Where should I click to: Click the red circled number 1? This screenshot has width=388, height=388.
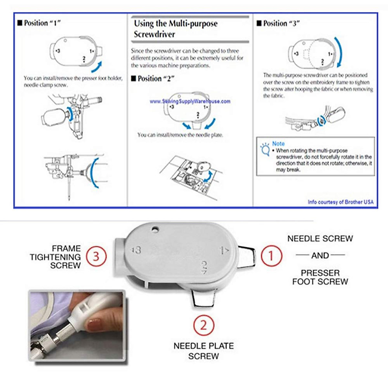click(271, 256)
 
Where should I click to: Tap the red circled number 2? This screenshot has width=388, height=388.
click(204, 325)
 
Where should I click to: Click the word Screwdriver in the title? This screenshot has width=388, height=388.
click(155, 34)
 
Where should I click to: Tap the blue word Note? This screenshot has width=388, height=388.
click(278, 143)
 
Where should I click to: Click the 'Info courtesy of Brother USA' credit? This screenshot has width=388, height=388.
click(340, 202)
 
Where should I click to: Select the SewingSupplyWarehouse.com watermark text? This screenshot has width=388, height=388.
click(190, 101)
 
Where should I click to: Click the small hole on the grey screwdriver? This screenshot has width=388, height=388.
click(156, 229)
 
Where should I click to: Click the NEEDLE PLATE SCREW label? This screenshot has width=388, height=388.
click(203, 351)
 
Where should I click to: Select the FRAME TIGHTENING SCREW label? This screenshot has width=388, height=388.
click(55, 257)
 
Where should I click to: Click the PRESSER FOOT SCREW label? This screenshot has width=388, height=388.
click(320, 277)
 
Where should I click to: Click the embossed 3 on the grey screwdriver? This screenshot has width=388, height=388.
click(137, 250)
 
